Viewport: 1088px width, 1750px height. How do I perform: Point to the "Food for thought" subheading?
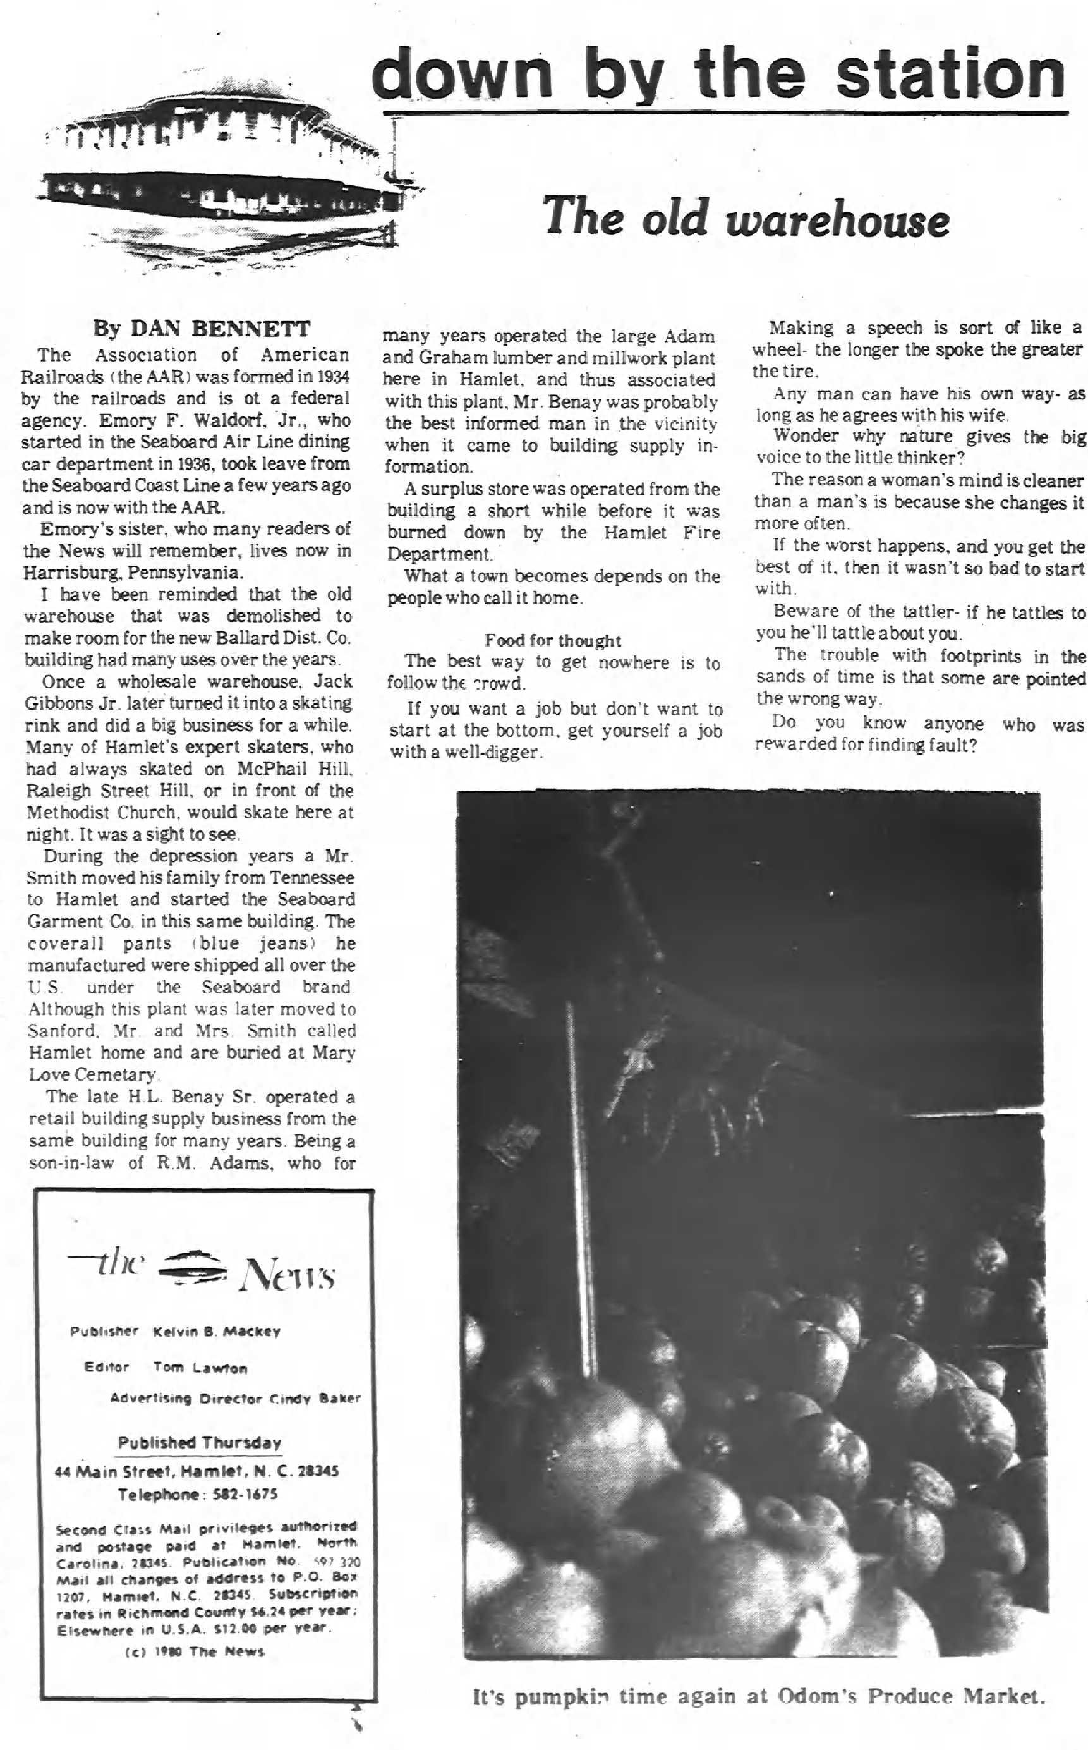552,640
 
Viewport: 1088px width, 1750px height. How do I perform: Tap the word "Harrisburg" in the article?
66,573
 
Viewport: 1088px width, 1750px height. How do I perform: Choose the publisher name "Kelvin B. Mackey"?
217,1331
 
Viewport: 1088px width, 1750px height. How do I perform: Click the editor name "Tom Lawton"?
200,1367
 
